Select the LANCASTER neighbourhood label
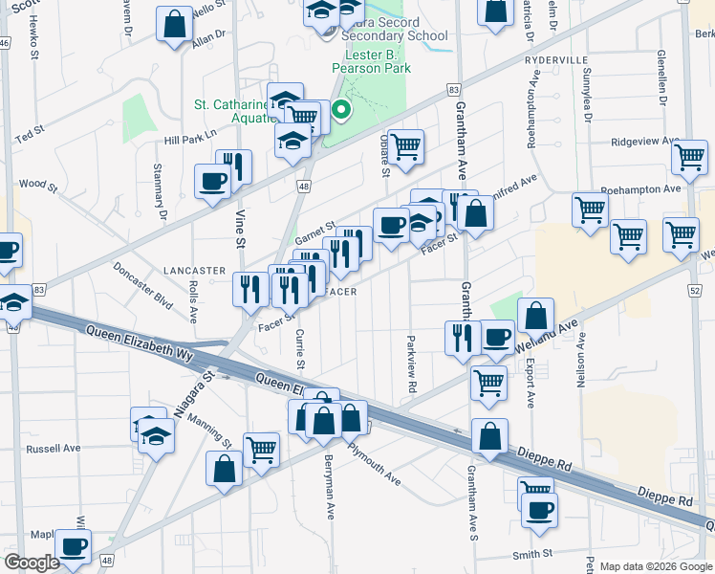point(194,271)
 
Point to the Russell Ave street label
point(54,448)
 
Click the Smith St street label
point(532,554)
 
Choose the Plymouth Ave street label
point(374,464)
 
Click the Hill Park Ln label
point(191,138)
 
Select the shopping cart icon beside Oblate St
point(405,147)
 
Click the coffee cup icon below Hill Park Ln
point(211,180)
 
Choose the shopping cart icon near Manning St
point(260,448)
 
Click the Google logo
point(32,563)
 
